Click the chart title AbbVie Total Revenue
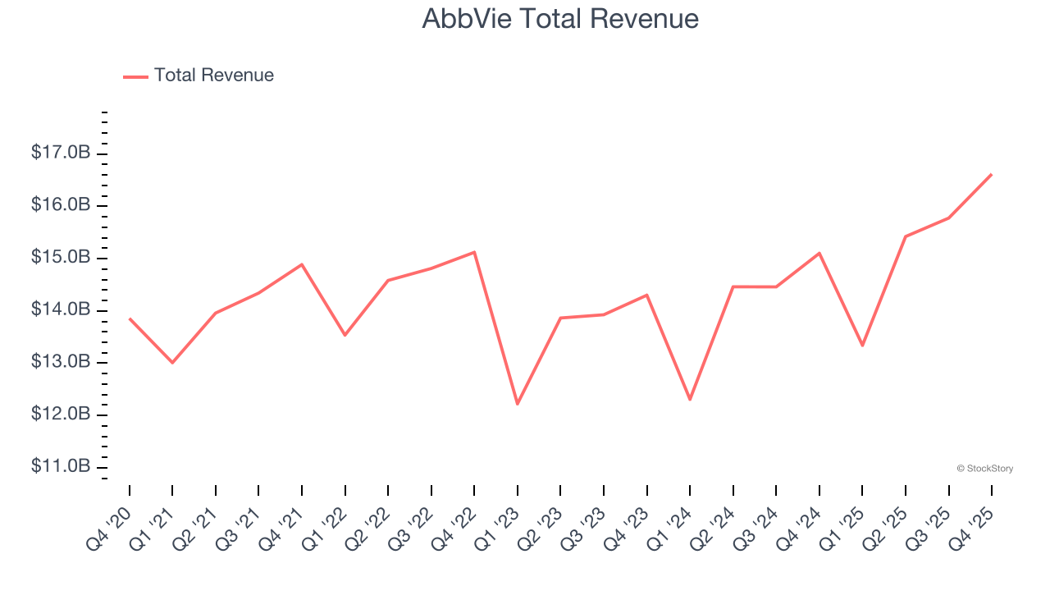click(560, 19)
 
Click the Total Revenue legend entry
click(213, 76)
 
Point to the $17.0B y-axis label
click(61, 153)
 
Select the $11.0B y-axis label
click(61, 466)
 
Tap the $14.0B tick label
click(61, 309)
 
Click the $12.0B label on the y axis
click(61, 414)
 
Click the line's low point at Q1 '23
click(518, 404)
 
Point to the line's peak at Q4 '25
click(992, 174)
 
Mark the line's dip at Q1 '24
click(690, 400)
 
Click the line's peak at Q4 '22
click(474, 252)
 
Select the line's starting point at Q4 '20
click(130, 318)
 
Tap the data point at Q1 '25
click(862, 346)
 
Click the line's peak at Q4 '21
click(302, 264)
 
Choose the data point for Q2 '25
click(906, 236)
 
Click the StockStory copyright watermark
click(984, 469)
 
